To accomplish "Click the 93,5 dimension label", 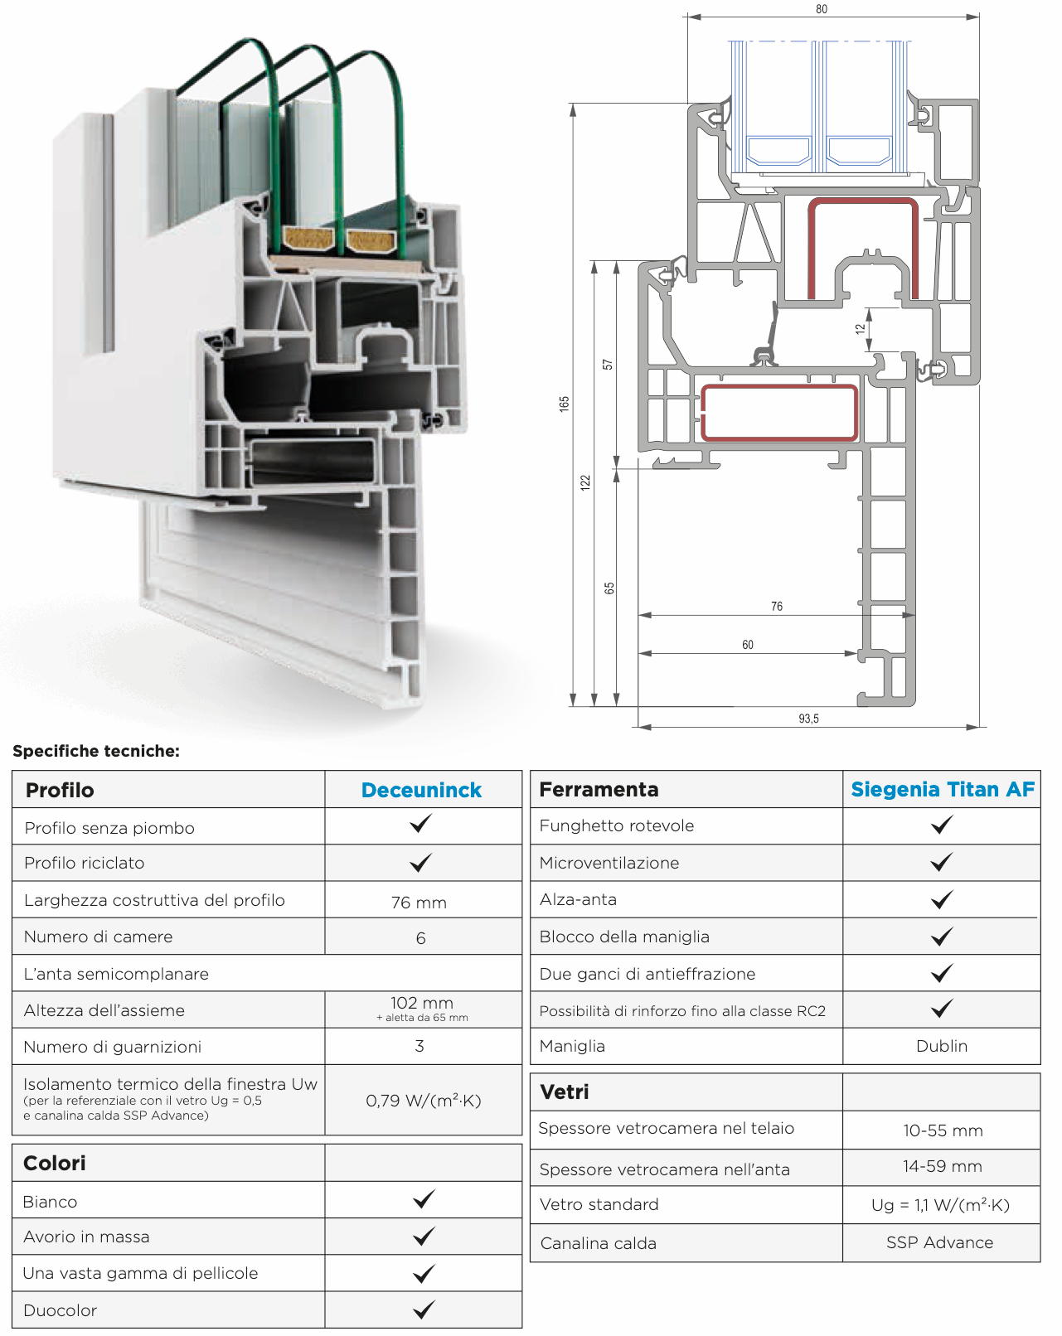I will point(808,719).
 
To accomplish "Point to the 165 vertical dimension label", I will point(565,404).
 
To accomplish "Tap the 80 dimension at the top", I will point(821,9).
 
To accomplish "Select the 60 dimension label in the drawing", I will point(748,644).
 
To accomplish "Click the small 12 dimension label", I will point(860,329).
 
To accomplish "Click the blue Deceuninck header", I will point(421,790).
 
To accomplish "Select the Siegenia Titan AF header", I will point(943,789).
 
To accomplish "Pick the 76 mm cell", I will point(419,903).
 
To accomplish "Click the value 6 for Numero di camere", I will point(420,938).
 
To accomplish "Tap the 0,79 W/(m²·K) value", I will point(423,1101).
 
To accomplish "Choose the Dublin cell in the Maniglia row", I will point(942,1046).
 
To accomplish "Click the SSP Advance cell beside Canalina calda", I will point(939,1242).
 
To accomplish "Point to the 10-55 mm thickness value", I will point(943,1130).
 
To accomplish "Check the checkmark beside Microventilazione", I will point(941,863).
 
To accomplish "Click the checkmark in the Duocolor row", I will point(424,1309).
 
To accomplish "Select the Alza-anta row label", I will point(578,899).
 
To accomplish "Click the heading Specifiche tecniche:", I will point(96,751).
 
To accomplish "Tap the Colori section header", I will point(55,1163).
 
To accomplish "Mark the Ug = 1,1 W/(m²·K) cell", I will point(940,1205).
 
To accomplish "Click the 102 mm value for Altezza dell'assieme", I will point(422,1003).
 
